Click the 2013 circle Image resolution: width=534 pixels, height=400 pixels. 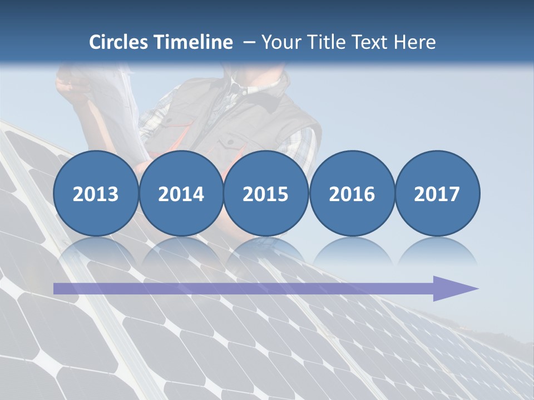click(96, 193)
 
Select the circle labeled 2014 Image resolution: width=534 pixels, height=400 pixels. click(181, 193)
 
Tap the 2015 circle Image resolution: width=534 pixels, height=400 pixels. click(266, 193)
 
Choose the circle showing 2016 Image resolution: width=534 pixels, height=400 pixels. click(352, 193)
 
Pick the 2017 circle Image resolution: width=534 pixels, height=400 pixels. click(437, 193)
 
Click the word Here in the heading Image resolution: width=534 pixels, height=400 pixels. click(414, 42)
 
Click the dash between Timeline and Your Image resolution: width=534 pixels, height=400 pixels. click(249, 43)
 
